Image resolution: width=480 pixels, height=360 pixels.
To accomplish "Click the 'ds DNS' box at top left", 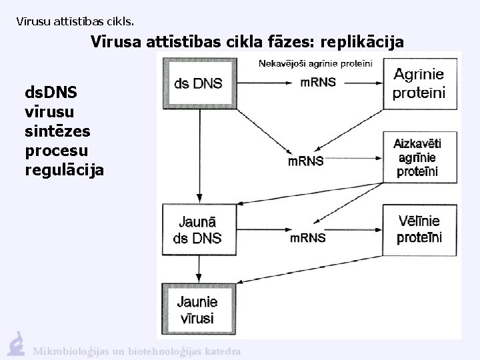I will tap(198, 83).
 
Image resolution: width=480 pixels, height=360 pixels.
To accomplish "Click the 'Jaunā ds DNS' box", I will tap(199, 229).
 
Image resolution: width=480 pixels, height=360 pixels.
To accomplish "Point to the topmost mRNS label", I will tap(318, 83).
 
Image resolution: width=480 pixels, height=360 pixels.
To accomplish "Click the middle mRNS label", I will tap(306, 161).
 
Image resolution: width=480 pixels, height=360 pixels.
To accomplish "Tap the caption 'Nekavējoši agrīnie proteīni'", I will tap(316, 63).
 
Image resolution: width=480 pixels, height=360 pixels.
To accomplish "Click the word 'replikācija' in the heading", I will tap(362, 41).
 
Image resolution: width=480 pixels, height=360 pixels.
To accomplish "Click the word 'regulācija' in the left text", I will tap(64, 169).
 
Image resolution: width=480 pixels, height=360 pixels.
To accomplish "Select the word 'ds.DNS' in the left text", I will tap(51, 89).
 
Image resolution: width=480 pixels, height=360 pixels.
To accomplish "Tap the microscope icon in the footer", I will tap(17, 343).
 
